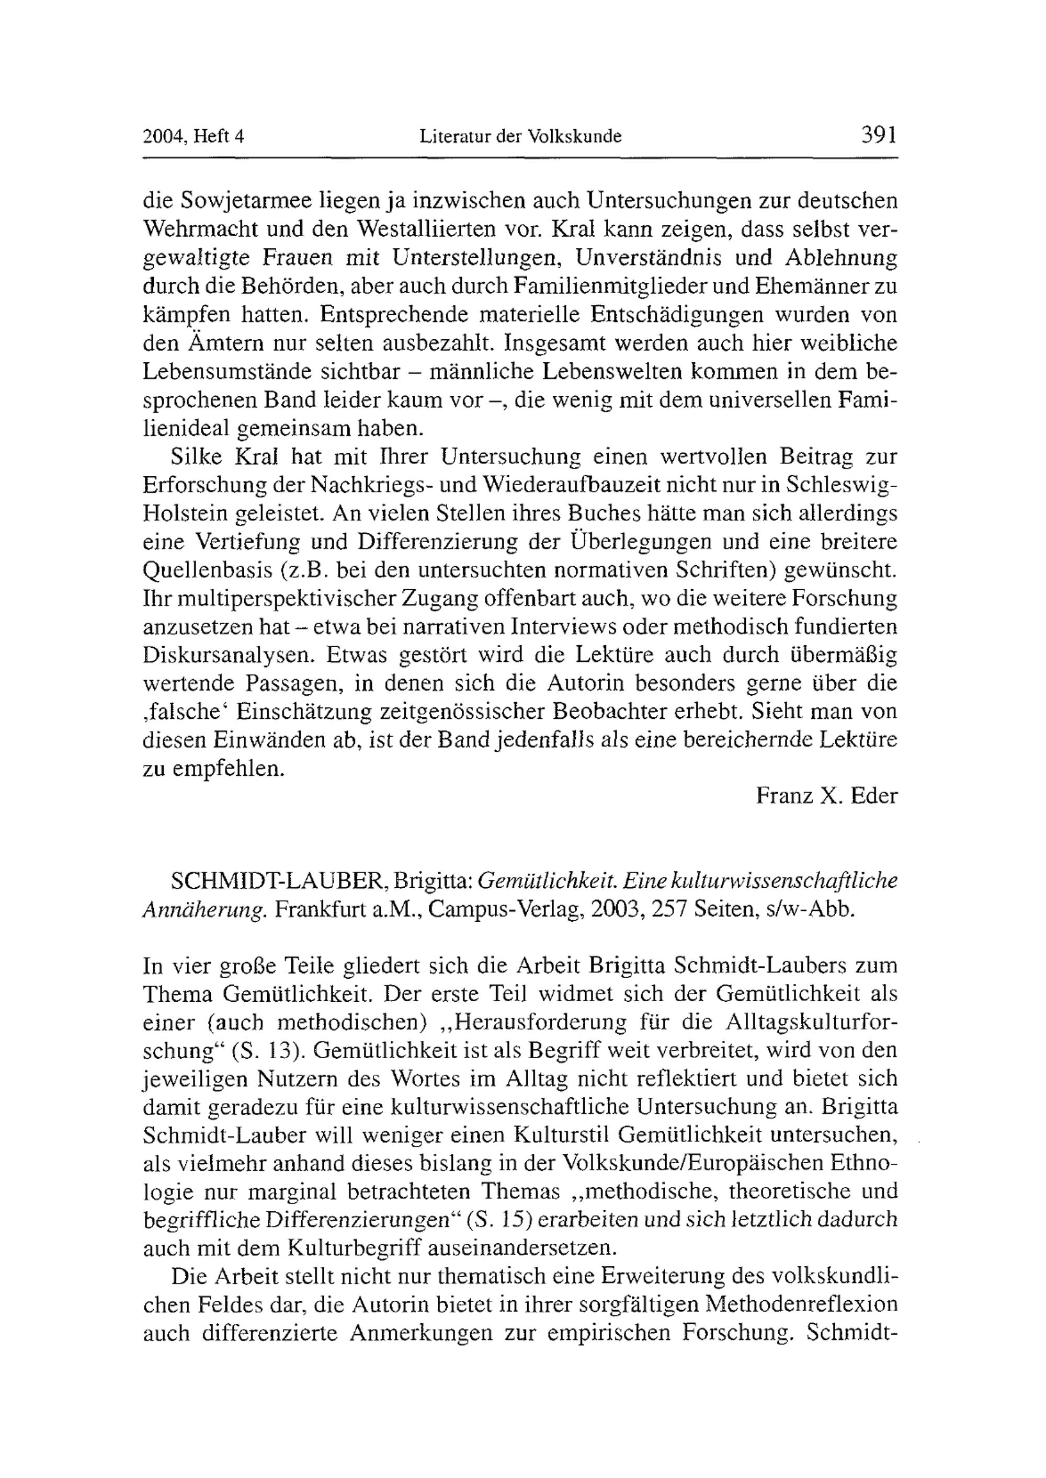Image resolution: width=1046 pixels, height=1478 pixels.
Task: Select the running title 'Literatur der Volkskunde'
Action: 520,137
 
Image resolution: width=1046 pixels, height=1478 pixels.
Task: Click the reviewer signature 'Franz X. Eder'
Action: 826,796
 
